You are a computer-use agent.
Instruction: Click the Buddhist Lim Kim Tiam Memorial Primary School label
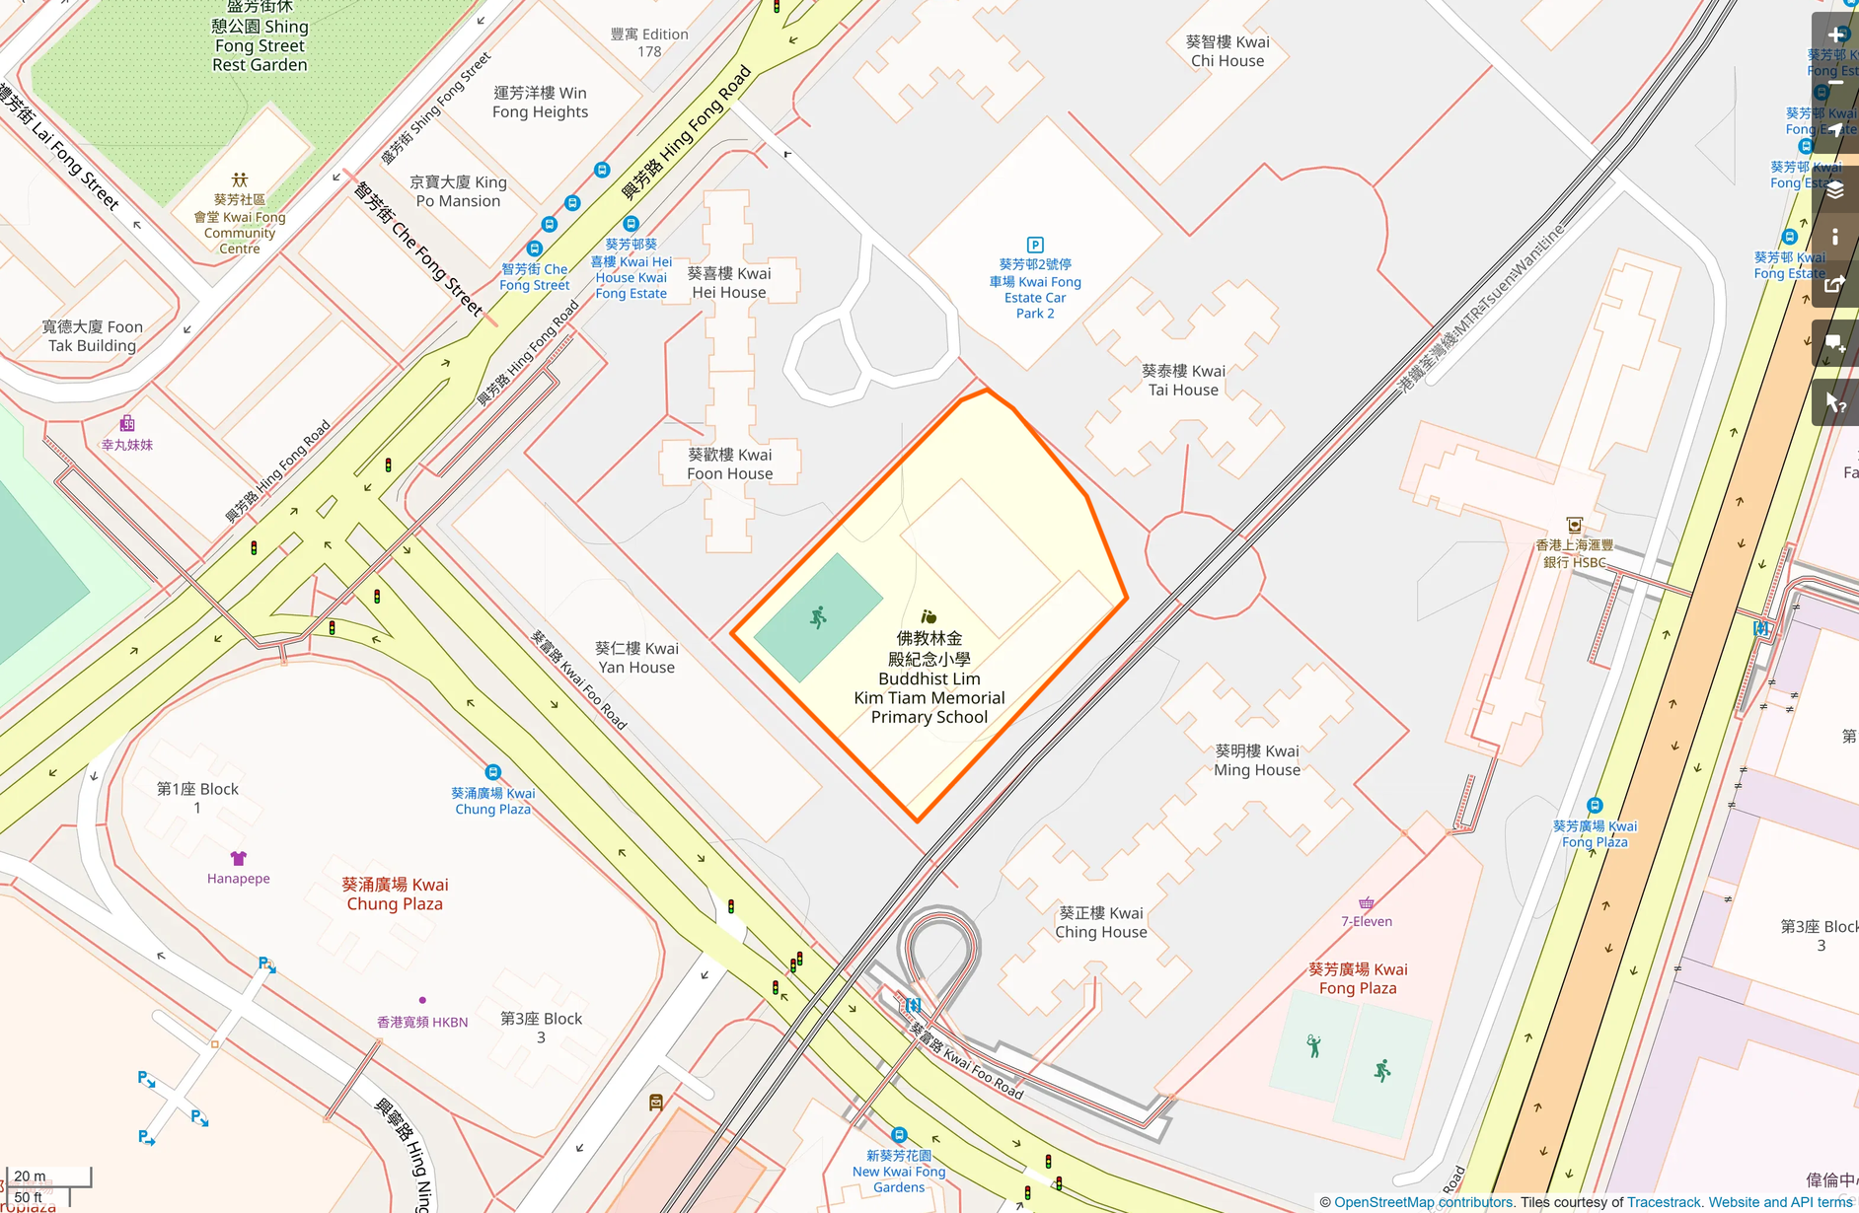tap(929, 678)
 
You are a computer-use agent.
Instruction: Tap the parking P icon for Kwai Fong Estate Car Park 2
tap(1035, 245)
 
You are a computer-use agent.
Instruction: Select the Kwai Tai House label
tap(1183, 381)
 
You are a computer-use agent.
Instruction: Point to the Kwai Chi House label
tap(1227, 51)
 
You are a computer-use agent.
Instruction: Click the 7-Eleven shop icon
tap(1367, 902)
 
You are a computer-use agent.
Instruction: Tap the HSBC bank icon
tap(1574, 526)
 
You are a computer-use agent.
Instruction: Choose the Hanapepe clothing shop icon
tap(238, 858)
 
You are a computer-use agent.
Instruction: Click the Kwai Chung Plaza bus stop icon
tap(492, 772)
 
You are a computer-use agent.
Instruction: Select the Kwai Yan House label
tap(636, 658)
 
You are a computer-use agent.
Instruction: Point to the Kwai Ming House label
tap(1257, 760)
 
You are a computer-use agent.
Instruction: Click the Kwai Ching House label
tap(1101, 922)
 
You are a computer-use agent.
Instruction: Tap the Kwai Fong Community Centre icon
tap(240, 179)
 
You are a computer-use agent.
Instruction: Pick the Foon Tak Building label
tap(93, 336)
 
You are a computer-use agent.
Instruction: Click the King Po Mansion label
tap(458, 191)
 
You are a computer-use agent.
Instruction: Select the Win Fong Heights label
tap(540, 103)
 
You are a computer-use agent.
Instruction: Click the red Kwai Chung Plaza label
tap(395, 893)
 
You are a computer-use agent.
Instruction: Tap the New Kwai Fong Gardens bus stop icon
tap(898, 1135)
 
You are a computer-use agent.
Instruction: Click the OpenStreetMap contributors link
tap(1423, 1202)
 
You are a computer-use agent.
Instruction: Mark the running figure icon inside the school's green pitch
tap(818, 617)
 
